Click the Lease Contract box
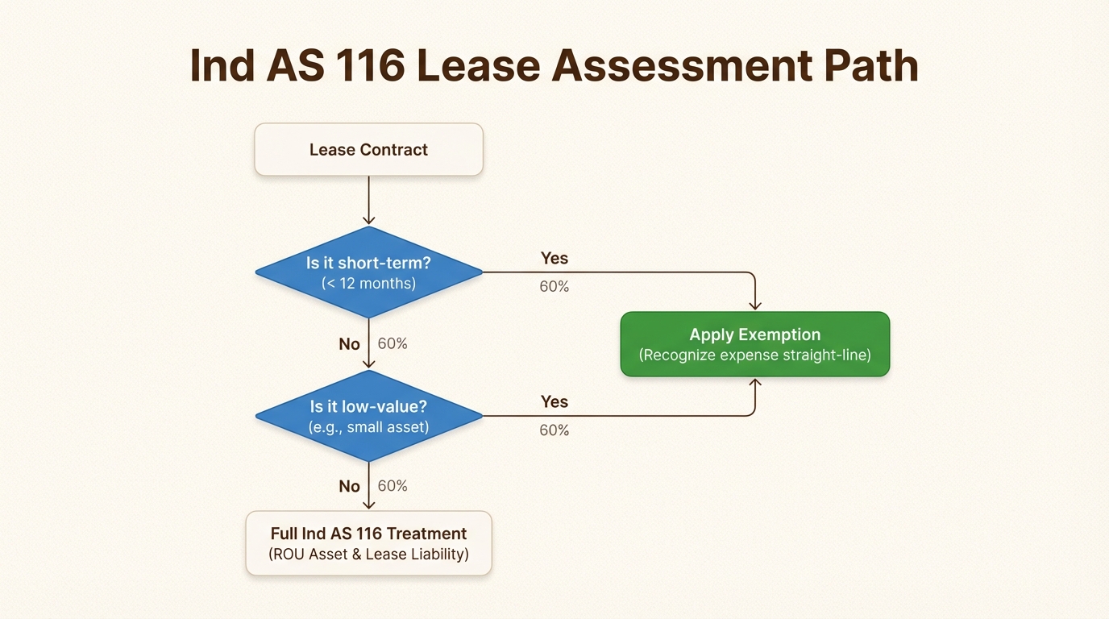[368, 149]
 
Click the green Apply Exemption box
[754, 344]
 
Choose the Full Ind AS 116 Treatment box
[368, 542]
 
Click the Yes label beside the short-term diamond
[554, 258]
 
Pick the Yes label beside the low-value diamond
[554, 401]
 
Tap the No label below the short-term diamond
[349, 344]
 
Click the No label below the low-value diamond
[349, 486]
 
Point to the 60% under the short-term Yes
[554, 286]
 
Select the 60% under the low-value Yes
[554, 430]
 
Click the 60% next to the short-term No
[393, 343]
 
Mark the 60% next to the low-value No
[393, 486]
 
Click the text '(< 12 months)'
[368, 283]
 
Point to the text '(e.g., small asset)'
[368, 427]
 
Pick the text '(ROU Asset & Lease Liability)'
[368, 555]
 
